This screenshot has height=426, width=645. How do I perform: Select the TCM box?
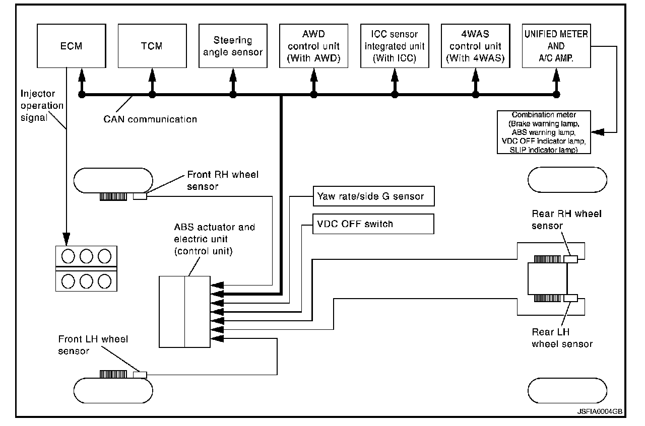pos(151,46)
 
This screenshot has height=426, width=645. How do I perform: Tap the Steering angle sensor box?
pos(232,46)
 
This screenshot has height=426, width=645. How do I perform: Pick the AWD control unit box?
pos(313,46)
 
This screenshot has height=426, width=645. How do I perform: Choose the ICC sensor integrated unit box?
pos(394,46)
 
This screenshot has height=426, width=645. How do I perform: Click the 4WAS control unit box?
pos(475,46)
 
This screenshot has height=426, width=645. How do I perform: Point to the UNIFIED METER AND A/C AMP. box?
pos(556,46)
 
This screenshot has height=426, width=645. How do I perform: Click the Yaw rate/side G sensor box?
pos(373,196)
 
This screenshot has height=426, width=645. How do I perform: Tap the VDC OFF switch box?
pos(373,224)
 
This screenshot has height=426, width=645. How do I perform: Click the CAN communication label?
pos(150,119)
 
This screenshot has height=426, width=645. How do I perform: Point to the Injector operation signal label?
pos(42,106)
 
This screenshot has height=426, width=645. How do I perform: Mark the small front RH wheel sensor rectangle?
pos(140,196)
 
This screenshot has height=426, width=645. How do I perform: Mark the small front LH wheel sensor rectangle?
pos(140,375)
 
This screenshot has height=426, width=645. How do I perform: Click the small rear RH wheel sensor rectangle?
pos(570,259)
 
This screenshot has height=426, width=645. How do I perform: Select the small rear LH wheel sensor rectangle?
pos(570,298)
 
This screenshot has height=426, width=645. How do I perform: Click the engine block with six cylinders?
pos(86,268)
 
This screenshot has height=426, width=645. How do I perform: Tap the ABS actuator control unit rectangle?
pos(184,312)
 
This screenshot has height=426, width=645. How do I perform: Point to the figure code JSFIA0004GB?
pos(600,411)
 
